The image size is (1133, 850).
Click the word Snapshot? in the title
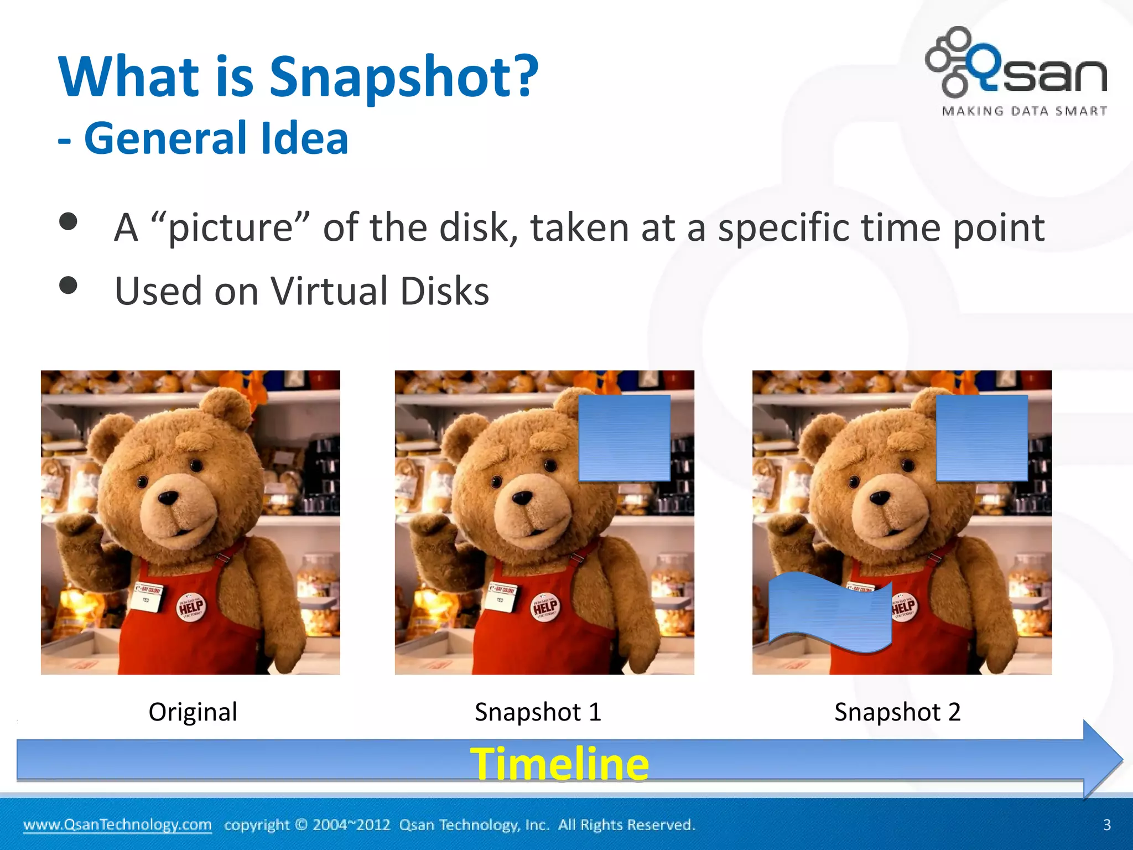click(403, 77)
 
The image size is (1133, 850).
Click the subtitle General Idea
click(216, 138)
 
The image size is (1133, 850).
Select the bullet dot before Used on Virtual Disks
click(69, 286)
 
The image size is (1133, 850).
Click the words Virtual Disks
click(380, 291)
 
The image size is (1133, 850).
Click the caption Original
click(193, 712)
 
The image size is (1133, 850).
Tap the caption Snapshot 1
click(538, 712)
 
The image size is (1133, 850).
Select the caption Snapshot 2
click(897, 712)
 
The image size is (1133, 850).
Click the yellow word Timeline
click(559, 764)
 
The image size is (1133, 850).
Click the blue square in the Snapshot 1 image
click(624, 438)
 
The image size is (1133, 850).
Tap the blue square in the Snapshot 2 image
click(982, 438)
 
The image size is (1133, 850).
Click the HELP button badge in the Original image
click(191, 608)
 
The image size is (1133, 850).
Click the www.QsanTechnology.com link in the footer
click(117, 825)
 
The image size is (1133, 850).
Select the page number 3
click(1106, 825)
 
